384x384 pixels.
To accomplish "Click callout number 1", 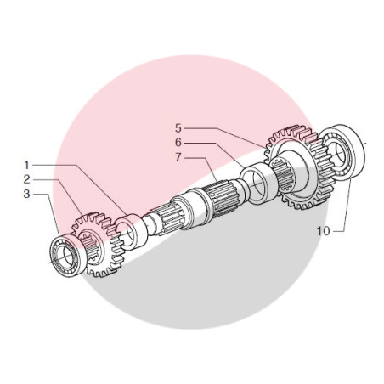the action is [x=26, y=165].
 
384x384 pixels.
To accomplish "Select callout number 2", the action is [x=26, y=179].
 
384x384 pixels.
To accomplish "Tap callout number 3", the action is [x=26, y=194].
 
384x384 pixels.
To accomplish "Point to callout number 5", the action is [x=178, y=128].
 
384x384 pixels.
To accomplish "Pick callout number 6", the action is [x=178, y=143].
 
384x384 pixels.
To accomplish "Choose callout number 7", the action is [x=178, y=157].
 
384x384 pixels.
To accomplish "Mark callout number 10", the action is [x=323, y=231].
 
